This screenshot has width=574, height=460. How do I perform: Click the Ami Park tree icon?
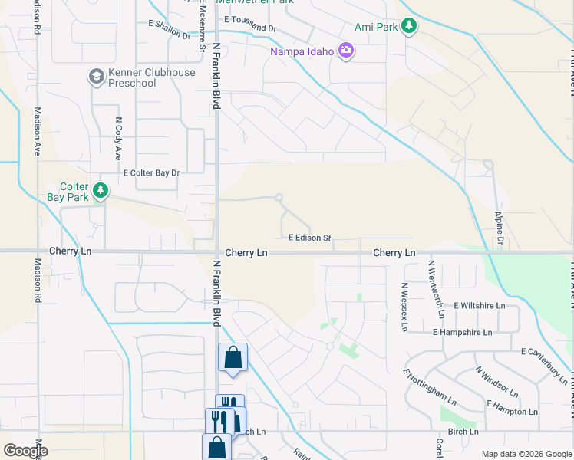[x=409, y=26]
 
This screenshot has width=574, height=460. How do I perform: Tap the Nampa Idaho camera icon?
[x=345, y=51]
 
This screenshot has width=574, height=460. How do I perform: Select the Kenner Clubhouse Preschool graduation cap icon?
[x=96, y=77]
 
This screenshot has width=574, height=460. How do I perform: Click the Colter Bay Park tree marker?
[x=99, y=191]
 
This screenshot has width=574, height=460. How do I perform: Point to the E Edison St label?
[x=309, y=238]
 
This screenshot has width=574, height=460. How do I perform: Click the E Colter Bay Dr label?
[x=151, y=173]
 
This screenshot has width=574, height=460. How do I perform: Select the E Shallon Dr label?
[x=170, y=29]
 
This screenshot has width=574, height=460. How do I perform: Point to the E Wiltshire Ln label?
[x=480, y=305]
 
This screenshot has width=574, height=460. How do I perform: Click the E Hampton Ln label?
[x=512, y=407]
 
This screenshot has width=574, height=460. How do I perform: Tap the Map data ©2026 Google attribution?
[x=526, y=454]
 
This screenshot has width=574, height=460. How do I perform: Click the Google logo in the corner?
[x=26, y=452]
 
